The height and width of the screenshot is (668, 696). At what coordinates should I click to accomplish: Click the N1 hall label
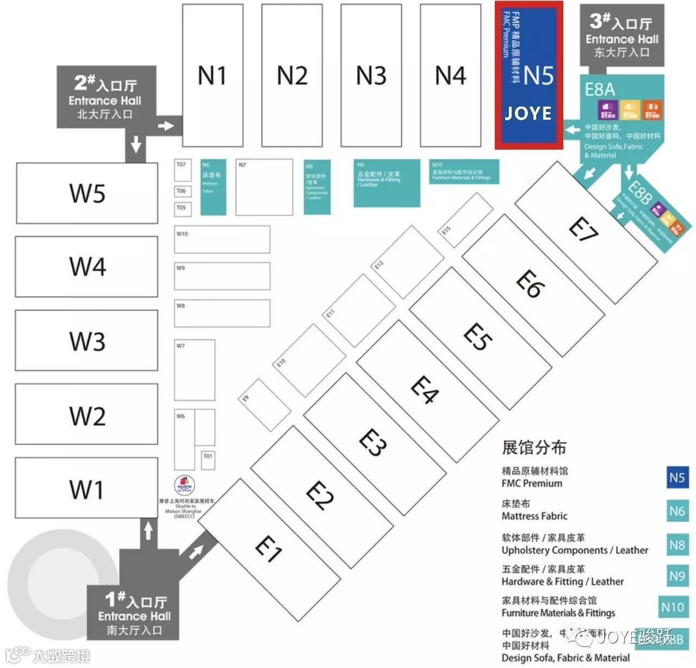point(212,76)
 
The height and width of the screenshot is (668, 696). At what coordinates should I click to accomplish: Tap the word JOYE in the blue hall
point(528,113)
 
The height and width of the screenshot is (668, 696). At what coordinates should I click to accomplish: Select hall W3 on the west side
point(87,341)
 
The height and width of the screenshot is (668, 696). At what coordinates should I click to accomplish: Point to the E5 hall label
point(478,337)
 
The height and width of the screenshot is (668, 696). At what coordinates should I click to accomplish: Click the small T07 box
point(182,170)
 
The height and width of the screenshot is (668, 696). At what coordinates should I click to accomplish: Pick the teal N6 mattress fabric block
point(213,187)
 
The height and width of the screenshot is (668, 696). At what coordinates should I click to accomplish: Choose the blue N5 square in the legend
point(677,478)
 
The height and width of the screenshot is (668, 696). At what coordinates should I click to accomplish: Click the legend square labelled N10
point(673,607)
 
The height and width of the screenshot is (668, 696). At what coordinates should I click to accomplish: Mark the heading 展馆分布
point(534,448)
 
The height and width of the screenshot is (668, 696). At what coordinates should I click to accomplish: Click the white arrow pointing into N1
point(166,126)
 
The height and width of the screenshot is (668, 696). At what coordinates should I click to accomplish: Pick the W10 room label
point(183,234)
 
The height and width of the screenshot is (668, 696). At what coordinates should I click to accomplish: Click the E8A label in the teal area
point(600,89)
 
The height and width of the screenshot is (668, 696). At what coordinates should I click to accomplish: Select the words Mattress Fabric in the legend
point(534,516)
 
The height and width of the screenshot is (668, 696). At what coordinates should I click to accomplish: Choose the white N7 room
point(264,187)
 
